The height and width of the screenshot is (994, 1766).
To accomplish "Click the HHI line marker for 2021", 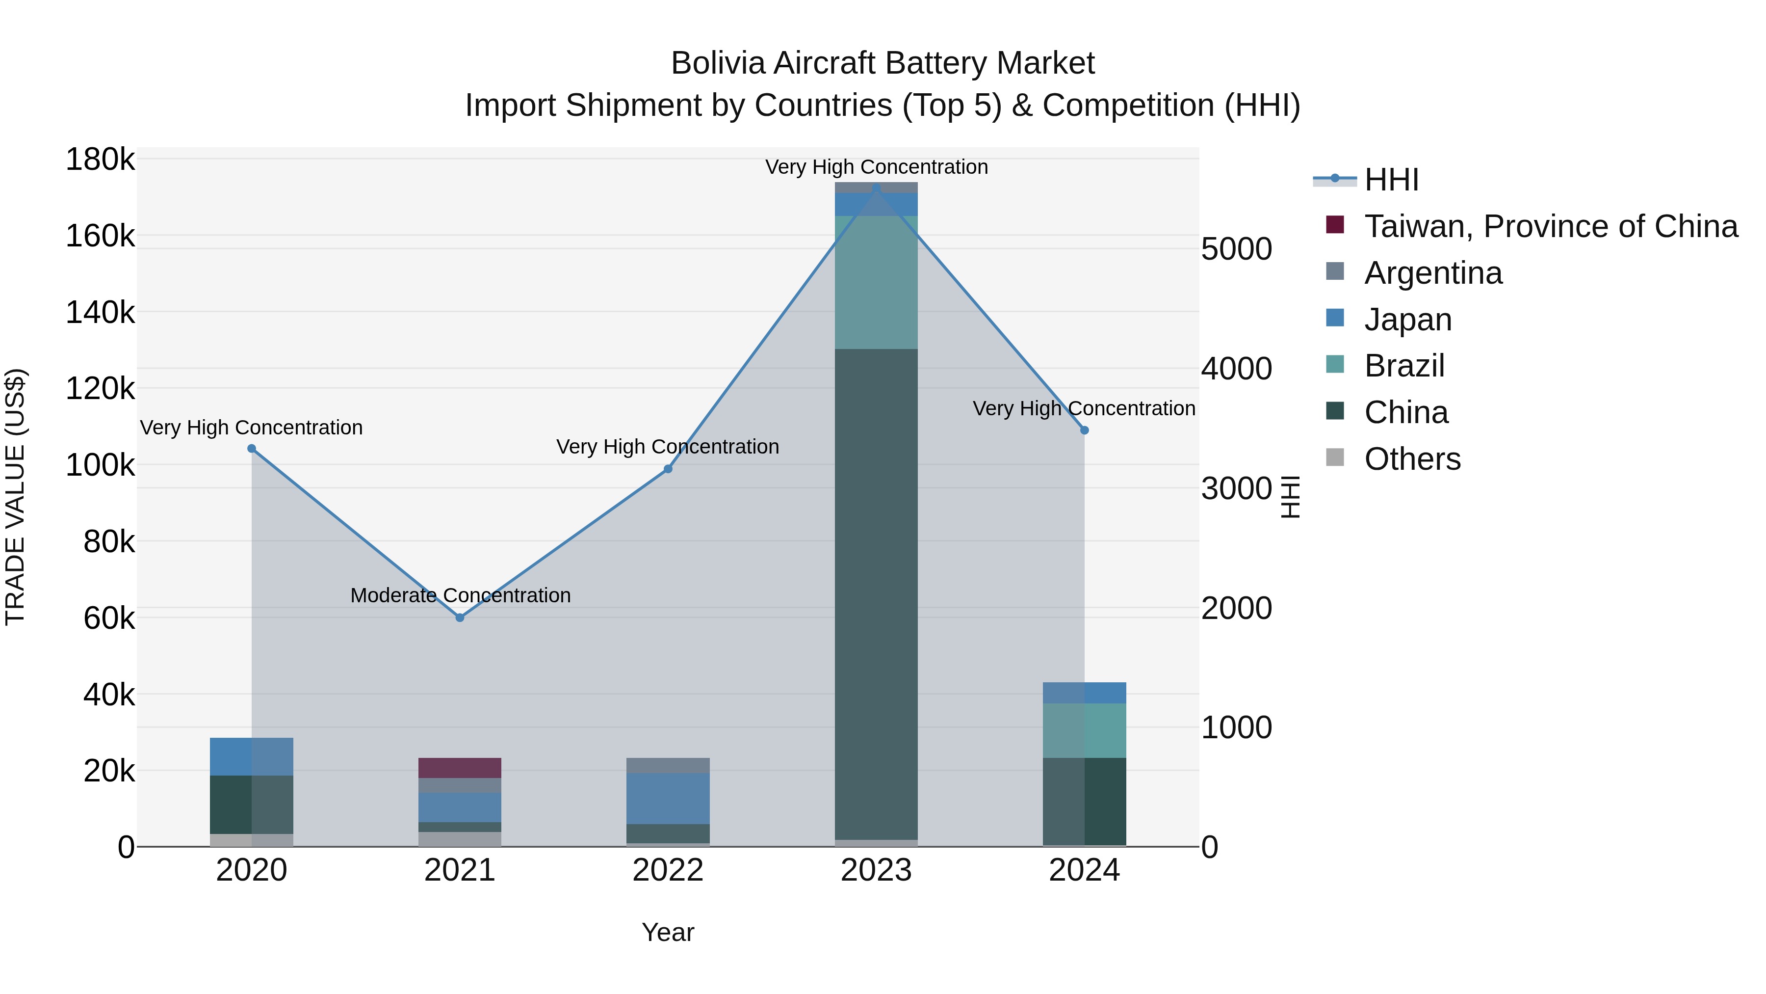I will point(460,618).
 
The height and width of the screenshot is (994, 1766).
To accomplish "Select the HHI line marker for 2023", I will point(876,188).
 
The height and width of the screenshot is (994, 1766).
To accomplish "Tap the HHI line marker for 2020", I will point(252,449).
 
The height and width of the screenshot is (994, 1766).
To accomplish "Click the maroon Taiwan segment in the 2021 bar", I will point(460,768).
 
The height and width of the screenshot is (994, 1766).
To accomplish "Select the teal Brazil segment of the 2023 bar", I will point(876,282).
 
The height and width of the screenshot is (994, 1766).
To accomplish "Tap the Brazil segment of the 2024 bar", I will point(1085,730).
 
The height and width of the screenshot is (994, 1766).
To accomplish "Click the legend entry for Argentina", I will point(1433,273).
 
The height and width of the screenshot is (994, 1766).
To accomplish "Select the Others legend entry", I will point(1412,459).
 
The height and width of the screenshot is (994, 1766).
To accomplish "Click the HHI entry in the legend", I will point(1391,180).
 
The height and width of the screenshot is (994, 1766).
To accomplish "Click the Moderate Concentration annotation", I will point(460,595).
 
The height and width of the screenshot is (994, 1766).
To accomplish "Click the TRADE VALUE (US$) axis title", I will point(15,497).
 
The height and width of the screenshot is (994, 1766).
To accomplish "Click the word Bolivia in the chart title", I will point(717,63).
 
